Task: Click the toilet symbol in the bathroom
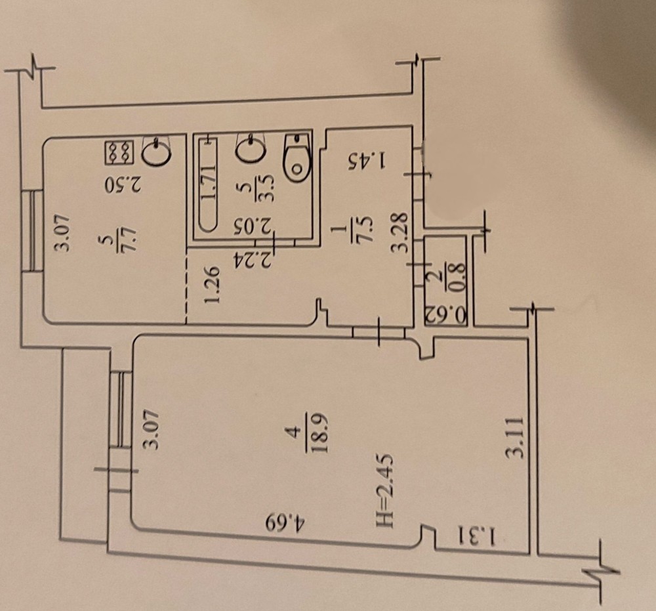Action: [297, 157]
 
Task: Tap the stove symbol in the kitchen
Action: [119, 152]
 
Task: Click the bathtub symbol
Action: [208, 182]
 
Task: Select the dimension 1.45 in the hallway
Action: [367, 160]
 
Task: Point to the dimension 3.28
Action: [399, 232]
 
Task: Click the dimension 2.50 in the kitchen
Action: [123, 184]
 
